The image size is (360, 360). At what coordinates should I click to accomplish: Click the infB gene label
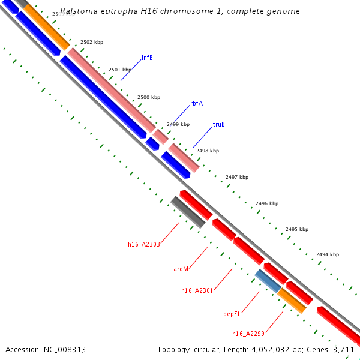(x=147, y=58)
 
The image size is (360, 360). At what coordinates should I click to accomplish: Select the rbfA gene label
(x=196, y=103)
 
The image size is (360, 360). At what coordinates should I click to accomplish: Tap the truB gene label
(x=218, y=125)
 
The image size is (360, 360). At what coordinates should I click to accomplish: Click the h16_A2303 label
(x=143, y=244)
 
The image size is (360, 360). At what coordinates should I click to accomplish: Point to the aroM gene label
(x=181, y=269)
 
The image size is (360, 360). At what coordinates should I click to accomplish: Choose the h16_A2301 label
(x=197, y=290)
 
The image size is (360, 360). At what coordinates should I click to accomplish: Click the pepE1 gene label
(x=232, y=313)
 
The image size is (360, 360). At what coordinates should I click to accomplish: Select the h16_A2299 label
(x=248, y=333)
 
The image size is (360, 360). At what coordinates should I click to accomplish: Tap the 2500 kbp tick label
(x=149, y=97)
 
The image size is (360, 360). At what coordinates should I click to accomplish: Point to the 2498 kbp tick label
(x=208, y=151)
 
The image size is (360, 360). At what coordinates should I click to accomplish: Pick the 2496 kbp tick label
(x=267, y=203)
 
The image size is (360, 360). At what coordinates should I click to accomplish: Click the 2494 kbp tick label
(x=328, y=254)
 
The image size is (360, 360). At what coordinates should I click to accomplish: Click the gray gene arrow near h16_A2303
(x=188, y=212)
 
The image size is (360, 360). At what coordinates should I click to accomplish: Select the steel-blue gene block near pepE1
(x=267, y=281)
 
